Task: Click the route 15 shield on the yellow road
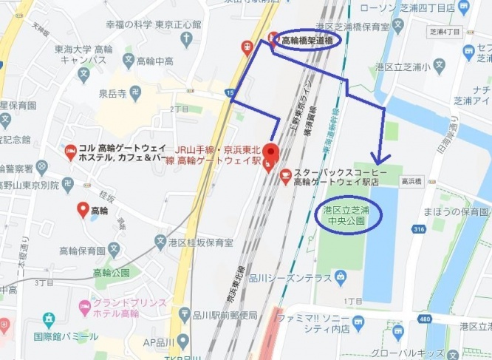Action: click(x=231, y=92)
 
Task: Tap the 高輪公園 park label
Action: click(x=111, y=273)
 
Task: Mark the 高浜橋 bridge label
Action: click(x=411, y=180)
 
